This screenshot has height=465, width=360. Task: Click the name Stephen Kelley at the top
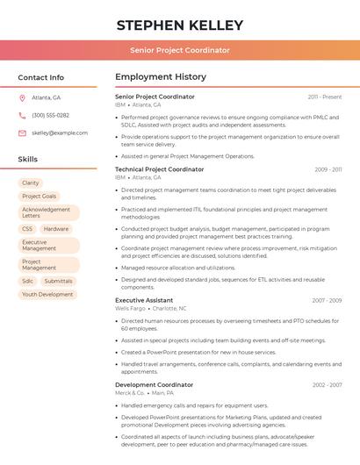(x=179, y=25)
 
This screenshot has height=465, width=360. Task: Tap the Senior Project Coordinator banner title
(x=179, y=50)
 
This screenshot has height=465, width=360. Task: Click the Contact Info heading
(x=40, y=77)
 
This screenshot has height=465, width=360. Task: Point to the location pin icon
(x=22, y=97)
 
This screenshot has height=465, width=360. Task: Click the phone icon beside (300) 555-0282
(x=22, y=115)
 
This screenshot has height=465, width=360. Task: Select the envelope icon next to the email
(x=22, y=132)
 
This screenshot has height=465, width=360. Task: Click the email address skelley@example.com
(x=60, y=132)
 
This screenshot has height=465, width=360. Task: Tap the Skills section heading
(x=27, y=160)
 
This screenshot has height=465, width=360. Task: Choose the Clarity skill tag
(x=31, y=182)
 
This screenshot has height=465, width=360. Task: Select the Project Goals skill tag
(x=40, y=197)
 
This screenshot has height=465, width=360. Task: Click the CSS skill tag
(x=27, y=229)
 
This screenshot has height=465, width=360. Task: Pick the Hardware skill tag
(x=56, y=229)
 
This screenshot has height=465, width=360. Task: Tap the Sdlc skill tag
(x=27, y=281)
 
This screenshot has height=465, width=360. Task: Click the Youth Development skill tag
(x=47, y=295)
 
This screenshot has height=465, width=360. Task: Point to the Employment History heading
(x=160, y=77)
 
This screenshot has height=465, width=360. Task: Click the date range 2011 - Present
(x=324, y=97)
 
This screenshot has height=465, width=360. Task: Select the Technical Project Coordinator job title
(x=159, y=168)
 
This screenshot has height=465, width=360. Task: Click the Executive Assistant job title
(x=144, y=300)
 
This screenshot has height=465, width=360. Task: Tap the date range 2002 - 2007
(x=327, y=384)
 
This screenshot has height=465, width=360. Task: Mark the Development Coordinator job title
(x=154, y=384)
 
